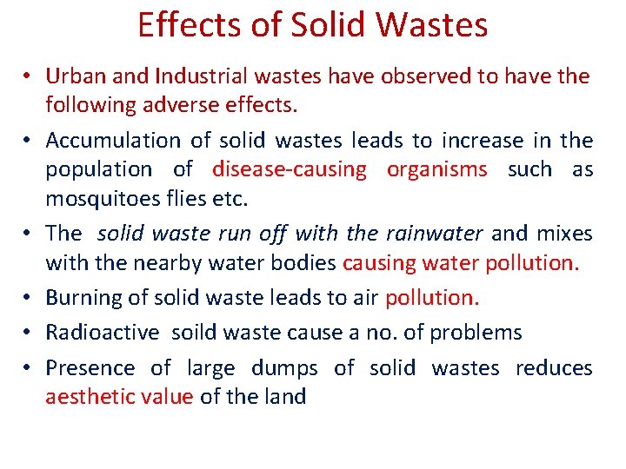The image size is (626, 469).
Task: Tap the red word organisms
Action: coord(437,169)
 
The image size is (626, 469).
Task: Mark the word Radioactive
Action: coord(103,333)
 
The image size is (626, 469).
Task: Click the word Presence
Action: coord(90,368)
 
